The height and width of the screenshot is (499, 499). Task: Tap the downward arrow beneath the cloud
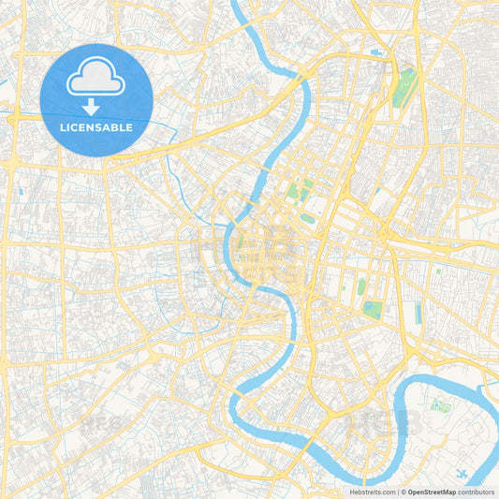[x=91, y=106]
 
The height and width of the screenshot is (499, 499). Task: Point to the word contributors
[x=476, y=491]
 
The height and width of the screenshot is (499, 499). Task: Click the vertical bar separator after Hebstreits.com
[x=397, y=491]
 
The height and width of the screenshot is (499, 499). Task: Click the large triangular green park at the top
[x=405, y=86]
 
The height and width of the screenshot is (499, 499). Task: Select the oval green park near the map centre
[x=307, y=218]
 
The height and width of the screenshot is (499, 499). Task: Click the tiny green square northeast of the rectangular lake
[x=437, y=272]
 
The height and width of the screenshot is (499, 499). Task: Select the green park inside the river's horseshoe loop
[x=439, y=406]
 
